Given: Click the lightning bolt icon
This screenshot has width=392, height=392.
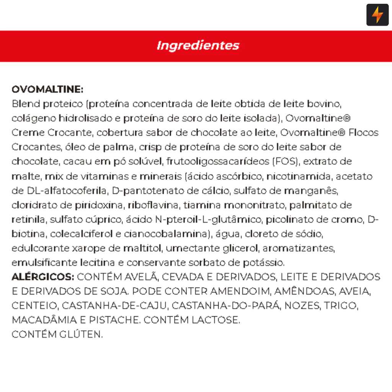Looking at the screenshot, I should point(377,15).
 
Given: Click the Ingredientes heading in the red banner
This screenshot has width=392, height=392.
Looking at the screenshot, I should point(198,46).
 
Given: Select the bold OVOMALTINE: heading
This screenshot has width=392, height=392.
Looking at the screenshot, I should point(47,90).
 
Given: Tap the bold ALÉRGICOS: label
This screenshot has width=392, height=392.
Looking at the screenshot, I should point(43,277).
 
